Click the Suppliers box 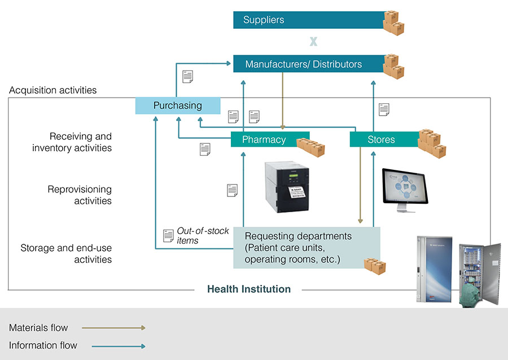pos(309,20)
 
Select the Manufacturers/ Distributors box pos(309,64)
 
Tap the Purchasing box pos(178,106)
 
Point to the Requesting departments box pos(306,248)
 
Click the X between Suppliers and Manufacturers pos(313,41)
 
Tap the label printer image pos(287,187)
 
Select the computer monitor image pos(405,190)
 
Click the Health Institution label pos(249,289)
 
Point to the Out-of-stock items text pos(203,236)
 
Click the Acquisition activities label pos(53,90)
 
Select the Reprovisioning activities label pos(80,195)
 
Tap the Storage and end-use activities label pos(66,253)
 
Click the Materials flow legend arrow pos(113,328)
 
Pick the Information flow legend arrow pos(119,346)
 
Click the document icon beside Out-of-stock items pos(168,236)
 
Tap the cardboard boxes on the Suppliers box pos(393,23)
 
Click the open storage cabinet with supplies pos(480,275)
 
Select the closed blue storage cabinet pos(434,269)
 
